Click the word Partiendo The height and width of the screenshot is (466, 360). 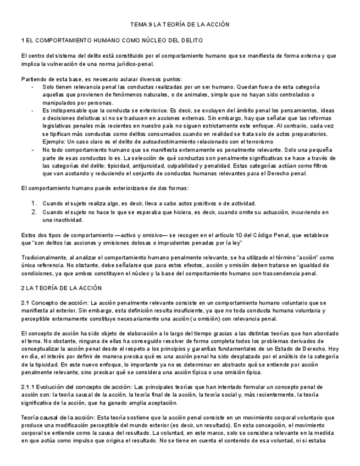pos(33,79)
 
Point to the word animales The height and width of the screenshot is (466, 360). pos(178,95)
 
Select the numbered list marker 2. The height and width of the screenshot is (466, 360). pos(34,212)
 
